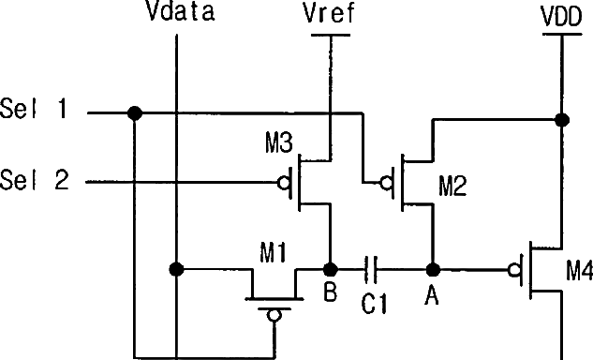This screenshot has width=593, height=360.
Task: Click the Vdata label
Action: pos(181,11)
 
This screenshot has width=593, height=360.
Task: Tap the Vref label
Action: pos(329,13)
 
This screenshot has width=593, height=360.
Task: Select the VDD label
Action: pos(561,17)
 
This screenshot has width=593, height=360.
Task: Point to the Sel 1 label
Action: pos(34,108)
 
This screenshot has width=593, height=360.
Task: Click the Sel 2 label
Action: pos(35,179)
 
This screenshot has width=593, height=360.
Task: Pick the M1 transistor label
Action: pos(274,252)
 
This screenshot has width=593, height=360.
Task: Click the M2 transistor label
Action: pos(452,186)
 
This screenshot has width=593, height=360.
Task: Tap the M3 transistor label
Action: pos(279,143)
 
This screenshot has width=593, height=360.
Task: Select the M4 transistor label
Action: pos(579,271)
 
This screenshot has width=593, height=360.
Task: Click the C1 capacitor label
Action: pos(375,304)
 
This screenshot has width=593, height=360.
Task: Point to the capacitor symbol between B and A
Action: pos(371,269)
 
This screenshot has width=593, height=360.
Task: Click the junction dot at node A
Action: pos(433,270)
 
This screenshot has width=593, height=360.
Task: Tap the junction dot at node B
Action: pos(331,270)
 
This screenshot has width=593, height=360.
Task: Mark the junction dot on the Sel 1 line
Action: pos(135,113)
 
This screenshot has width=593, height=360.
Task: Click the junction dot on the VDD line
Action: pos(562,120)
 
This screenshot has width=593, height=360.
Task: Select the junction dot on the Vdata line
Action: pos(177,269)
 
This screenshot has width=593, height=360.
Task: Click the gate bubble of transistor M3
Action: pos(284,183)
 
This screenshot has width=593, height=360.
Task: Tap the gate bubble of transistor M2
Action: pos(386,184)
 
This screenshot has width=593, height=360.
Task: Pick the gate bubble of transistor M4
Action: pos(514,270)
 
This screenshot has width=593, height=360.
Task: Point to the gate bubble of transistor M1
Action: pos(274,315)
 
